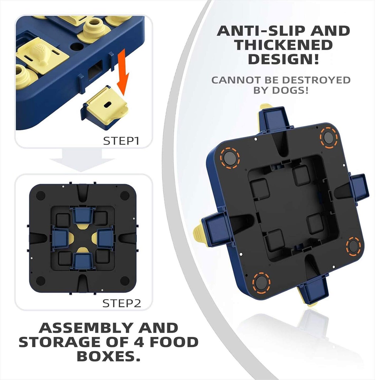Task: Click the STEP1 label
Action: (121, 141)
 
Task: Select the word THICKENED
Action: (283, 45)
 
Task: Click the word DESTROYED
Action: (316, 80)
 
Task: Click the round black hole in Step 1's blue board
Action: (77, 46)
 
